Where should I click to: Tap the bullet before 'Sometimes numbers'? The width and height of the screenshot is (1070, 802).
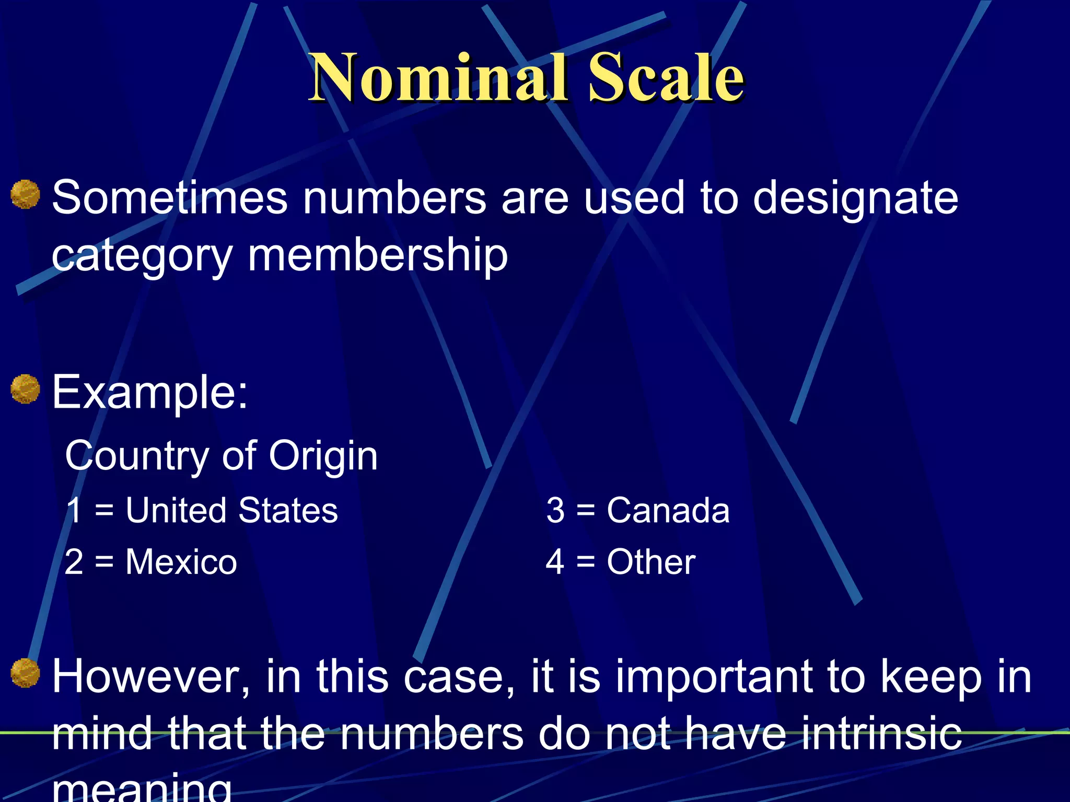tap(25, 194)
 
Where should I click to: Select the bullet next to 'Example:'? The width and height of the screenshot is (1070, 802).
tap(25, 390)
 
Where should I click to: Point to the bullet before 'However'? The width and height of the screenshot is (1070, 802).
tap(25, 674)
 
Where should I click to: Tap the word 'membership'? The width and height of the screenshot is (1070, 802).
tap(377, 256)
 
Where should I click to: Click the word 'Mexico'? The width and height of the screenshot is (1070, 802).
tap(181, 562)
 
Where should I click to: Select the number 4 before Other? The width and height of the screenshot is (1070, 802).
tap(554, 562)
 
